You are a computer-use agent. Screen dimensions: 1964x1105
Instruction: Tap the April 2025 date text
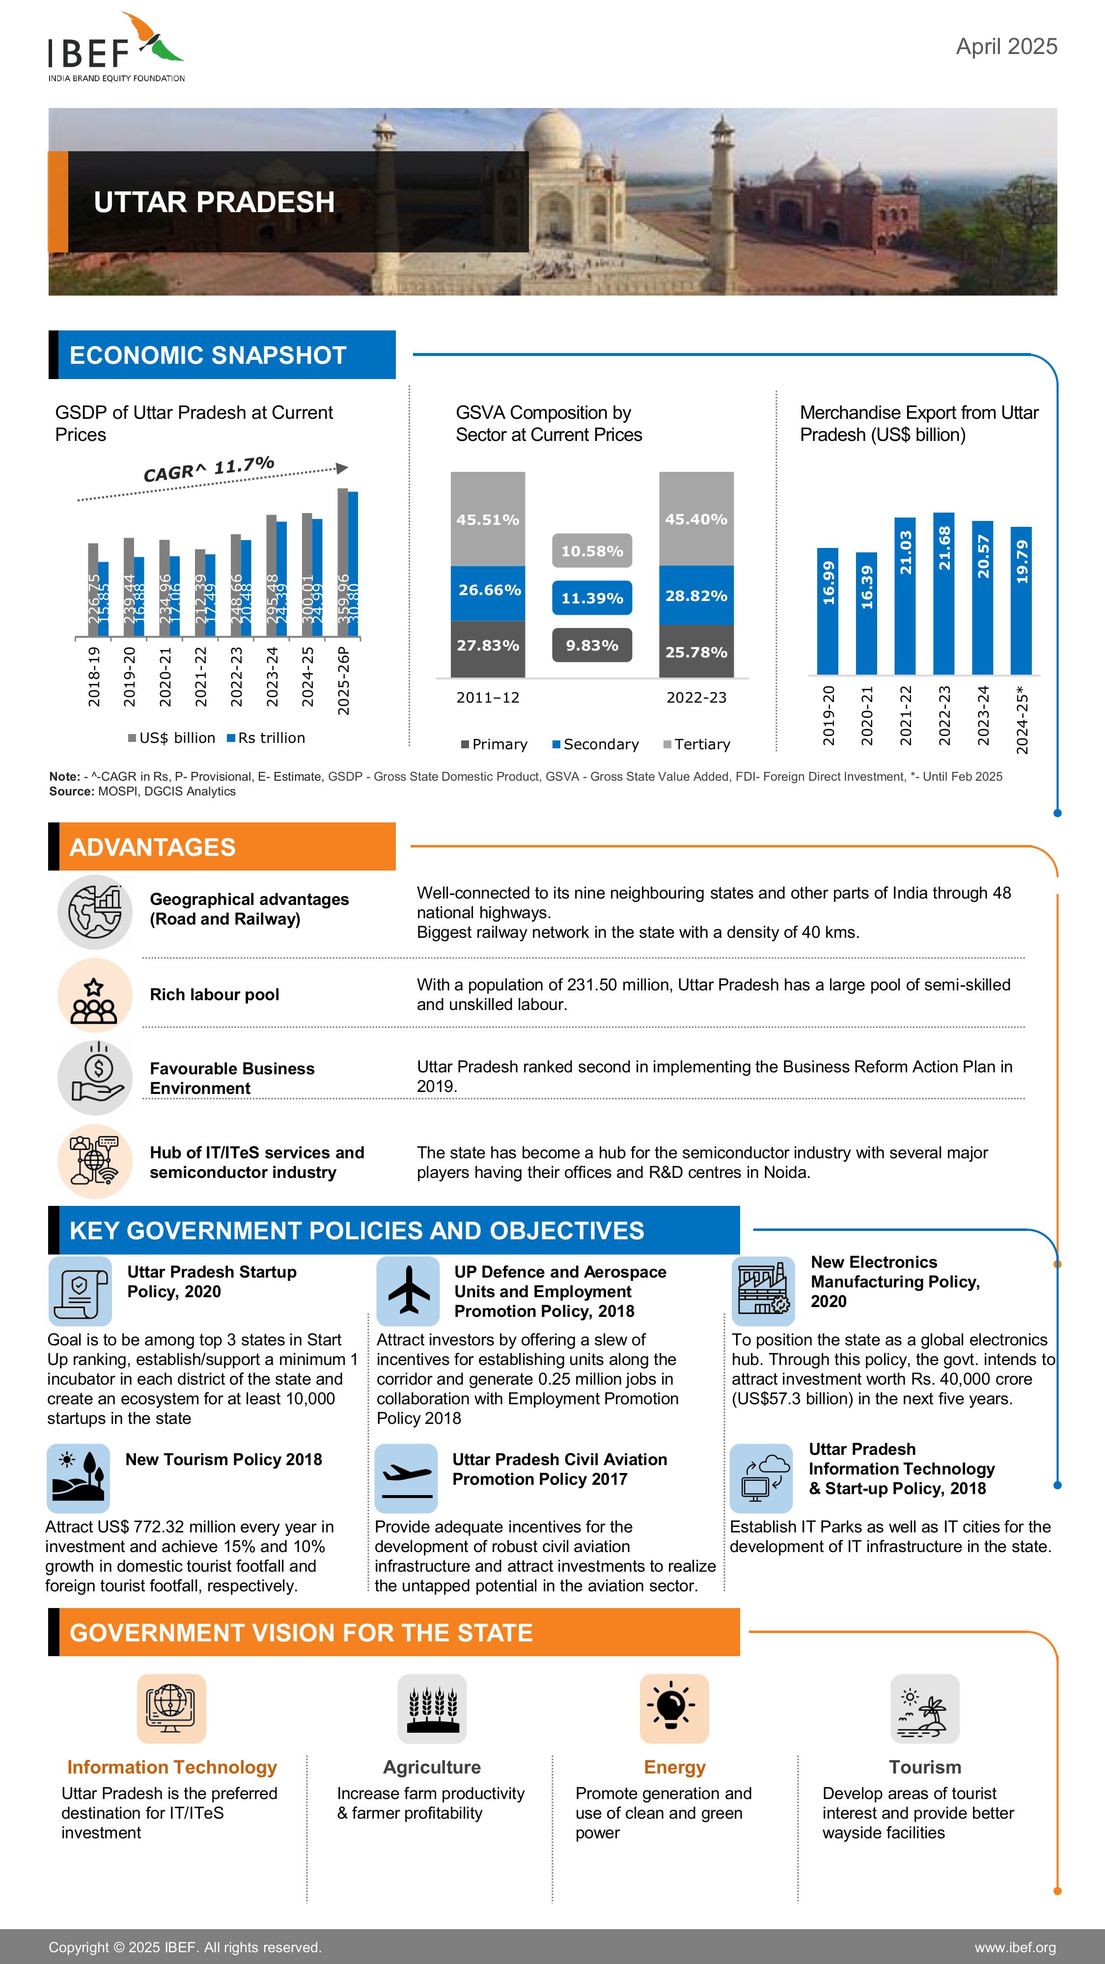(x=1006, y=47)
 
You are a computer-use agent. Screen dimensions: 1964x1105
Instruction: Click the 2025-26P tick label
(x=343, y=681)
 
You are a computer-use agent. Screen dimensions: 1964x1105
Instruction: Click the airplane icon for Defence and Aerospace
(x=408, y=1291)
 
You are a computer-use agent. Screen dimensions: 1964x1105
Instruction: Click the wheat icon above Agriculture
(x=432, y=1708)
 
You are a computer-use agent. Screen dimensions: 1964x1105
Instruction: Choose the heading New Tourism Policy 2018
(x=223, y=1459)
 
